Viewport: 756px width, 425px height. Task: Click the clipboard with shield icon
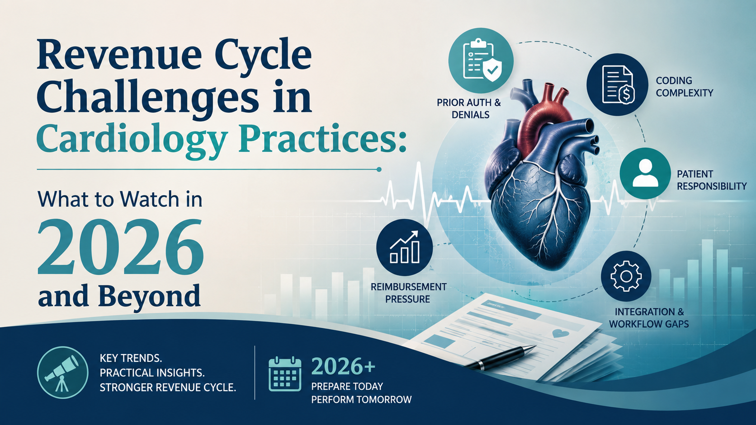[482, 61]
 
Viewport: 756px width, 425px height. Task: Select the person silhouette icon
[645, 173]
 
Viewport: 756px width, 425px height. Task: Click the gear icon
[626, 276]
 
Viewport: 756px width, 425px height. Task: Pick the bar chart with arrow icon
[404, 247]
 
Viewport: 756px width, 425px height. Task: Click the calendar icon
[285, 374]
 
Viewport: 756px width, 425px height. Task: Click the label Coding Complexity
[685, 87]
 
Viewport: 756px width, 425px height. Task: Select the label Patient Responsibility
[711, 180]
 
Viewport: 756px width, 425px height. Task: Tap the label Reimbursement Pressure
[408, 293]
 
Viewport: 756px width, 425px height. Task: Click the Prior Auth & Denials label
[469, 108]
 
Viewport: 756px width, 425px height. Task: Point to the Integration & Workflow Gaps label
[649, 318]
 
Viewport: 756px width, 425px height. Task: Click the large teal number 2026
[120, 248]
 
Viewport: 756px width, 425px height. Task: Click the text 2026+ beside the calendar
[343, 366]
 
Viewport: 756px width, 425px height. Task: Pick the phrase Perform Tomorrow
[361, 400]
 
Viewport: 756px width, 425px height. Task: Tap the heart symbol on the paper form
[561, 334]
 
